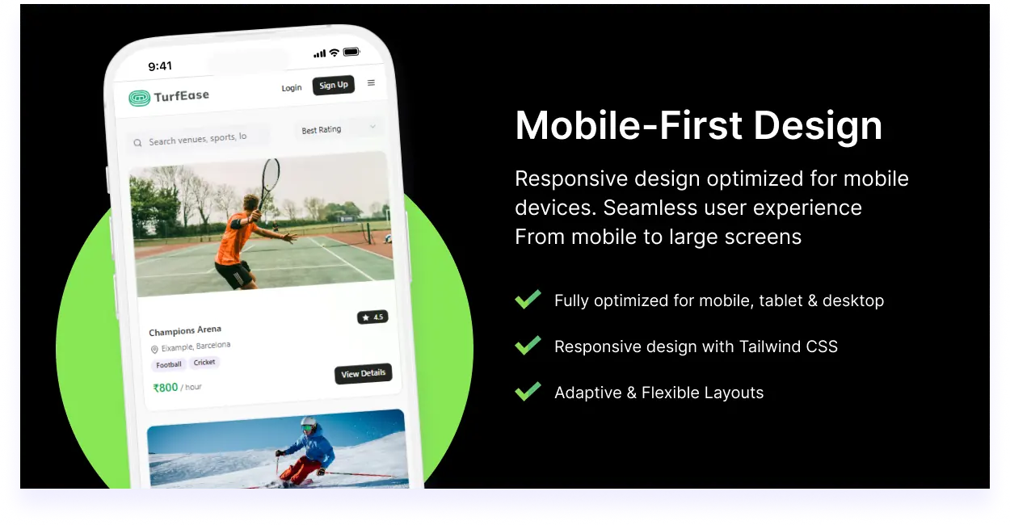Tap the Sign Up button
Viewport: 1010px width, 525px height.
coord(333,85)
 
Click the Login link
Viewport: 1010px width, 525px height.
coord(291,88)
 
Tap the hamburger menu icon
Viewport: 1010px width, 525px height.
coord(371,82)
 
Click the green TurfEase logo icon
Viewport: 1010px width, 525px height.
coord(139,98)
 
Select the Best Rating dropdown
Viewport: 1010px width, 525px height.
coord(339,129)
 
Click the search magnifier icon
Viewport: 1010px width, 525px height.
coord(137,143)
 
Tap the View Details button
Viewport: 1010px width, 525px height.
coord(363,374)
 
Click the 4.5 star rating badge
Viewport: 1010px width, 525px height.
coord(372,317)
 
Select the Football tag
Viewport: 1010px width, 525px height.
coord(169,364)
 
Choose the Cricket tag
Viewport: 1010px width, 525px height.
coord(204,363)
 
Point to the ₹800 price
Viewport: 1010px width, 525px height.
coord(166,388)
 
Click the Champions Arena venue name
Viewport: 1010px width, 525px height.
coord(185,331)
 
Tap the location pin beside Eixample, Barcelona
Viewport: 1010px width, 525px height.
coord(154,349)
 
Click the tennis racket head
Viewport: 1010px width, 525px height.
coord(271,175)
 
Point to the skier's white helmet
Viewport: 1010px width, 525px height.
coord(309,423)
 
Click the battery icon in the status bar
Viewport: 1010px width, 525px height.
coord(351,52)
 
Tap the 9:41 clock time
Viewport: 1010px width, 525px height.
coord(160,66)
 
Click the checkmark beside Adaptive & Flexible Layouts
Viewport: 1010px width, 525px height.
coord(528,391)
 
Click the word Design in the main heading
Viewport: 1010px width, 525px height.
coord(818,127)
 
